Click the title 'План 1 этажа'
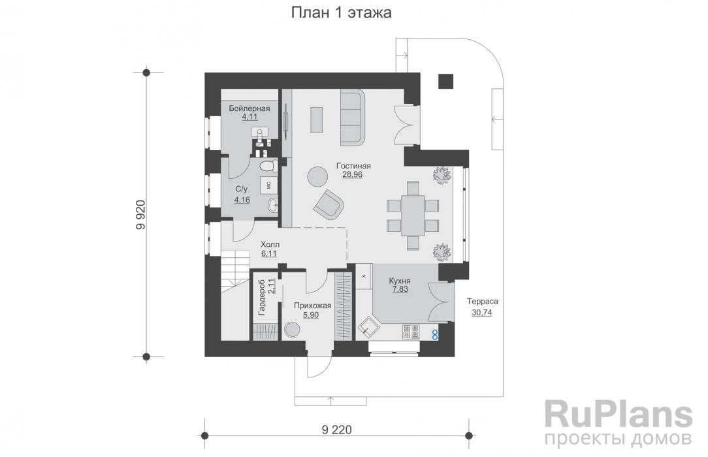tap(341, 12)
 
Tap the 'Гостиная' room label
tap(353, 166)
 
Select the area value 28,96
tap(352, 174)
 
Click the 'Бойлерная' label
tap(249, 108)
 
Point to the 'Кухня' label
tap(400, 281)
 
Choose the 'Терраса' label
tap(482, 302)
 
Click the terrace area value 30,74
tap(482, 312)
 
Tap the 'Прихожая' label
tap(312, 306)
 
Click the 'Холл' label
tap(270, 245)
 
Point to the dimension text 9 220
tap(337, 430)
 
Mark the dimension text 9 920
tap(140, 215)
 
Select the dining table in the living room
tap(413, 215)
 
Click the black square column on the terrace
tap(446, 81)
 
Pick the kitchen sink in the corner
tap(369, 327)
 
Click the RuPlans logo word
tap(619, 415)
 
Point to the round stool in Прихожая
tap(292, 330)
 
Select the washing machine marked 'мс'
tap(268, 185)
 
